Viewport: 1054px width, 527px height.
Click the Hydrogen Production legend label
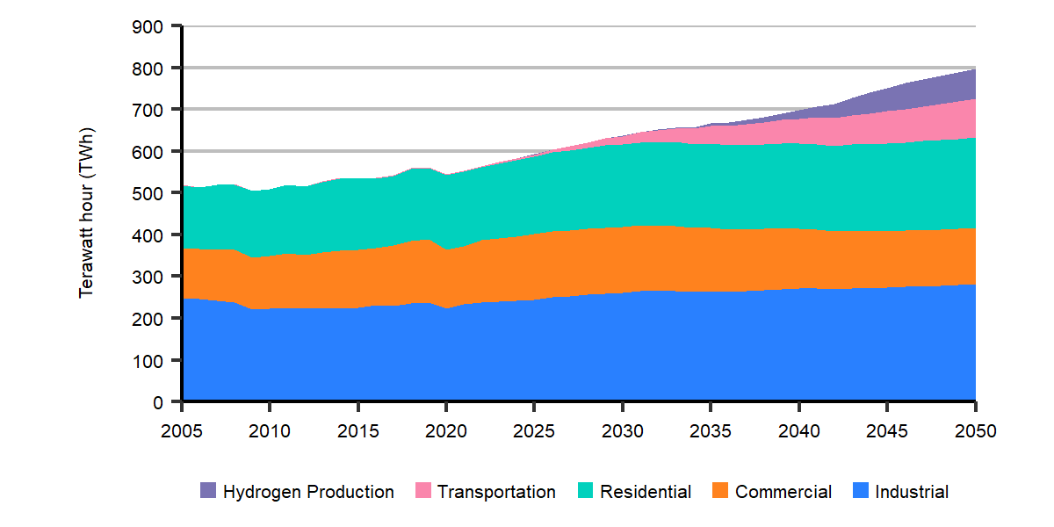pos(308,492)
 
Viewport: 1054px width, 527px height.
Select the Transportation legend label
pos(496,492)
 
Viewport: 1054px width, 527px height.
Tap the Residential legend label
pos(646,492)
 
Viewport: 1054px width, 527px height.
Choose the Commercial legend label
pos(783,492)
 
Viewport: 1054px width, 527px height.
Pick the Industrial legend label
pos(912,492)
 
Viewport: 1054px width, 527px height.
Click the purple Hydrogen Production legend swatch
pos(208,492)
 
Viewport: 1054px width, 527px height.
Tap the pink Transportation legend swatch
pos(422,492)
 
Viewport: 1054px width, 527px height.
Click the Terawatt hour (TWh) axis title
pos(86,214)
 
